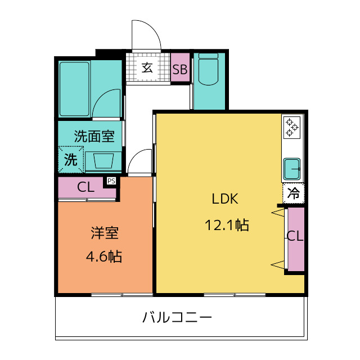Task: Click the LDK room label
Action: [226, 199]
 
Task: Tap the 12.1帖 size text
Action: [227, 226]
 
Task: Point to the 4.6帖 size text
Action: [104, 257]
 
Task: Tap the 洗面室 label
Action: [94, 136]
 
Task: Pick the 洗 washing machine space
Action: [71, 159]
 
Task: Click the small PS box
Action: [111, 181]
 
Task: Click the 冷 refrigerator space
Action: [294, 193]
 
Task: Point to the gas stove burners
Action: [292, 127]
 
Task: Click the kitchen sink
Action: [293, 167]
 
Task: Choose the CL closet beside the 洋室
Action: [86, 188]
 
